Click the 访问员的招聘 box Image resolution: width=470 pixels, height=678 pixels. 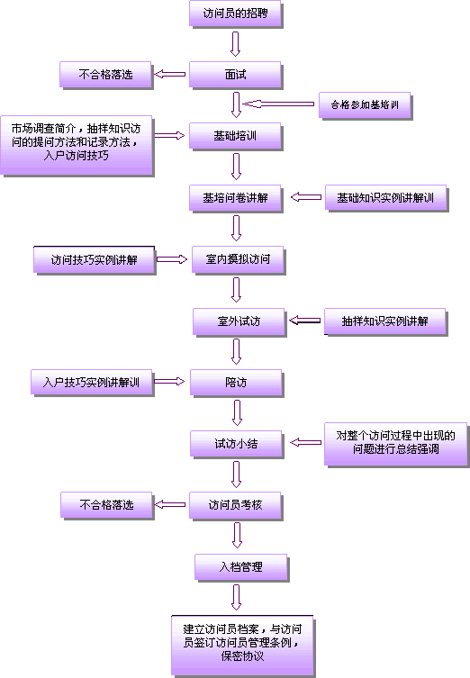[235, 14]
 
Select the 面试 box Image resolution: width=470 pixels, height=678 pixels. [235, 75]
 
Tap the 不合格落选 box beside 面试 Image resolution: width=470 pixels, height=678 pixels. [105, 75]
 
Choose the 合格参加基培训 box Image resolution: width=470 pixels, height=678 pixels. [365, 105]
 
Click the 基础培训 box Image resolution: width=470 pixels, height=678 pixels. [235, 136]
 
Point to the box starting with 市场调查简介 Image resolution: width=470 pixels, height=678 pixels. [77, 145]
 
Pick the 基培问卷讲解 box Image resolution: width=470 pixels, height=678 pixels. [236, 198]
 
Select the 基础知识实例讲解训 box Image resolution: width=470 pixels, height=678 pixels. [386, 198]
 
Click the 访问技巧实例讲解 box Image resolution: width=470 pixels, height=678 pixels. [95, 259]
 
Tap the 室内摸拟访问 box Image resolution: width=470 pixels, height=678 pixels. [239, 259]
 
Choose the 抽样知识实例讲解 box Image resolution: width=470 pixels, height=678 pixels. [385, 321]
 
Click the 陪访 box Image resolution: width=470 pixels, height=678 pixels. [236, 383]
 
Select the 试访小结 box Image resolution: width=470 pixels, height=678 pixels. [236, 444]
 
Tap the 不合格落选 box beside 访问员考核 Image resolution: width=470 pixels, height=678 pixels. [107, 505]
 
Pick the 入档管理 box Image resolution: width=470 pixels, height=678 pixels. [241, 567]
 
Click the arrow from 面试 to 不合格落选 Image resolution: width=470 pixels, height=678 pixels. [170, 75]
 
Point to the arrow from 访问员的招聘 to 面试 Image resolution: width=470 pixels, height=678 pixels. [235, 44]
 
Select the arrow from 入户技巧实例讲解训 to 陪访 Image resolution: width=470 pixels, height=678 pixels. [169, 382]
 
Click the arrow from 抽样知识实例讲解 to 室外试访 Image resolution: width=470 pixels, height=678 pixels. [305, 321]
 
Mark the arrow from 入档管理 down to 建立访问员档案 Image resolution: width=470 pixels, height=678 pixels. [236, 597]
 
